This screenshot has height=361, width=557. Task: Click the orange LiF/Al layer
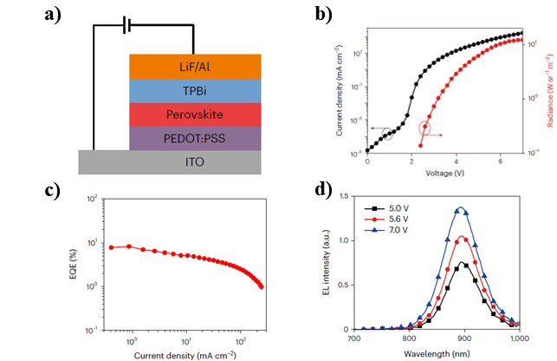tap(195, 67)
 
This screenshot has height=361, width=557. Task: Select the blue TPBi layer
tap(195, 91)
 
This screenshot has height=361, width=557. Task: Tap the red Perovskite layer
tap(195, 115)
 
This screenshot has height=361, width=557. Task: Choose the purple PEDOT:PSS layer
tap(195, 137)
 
